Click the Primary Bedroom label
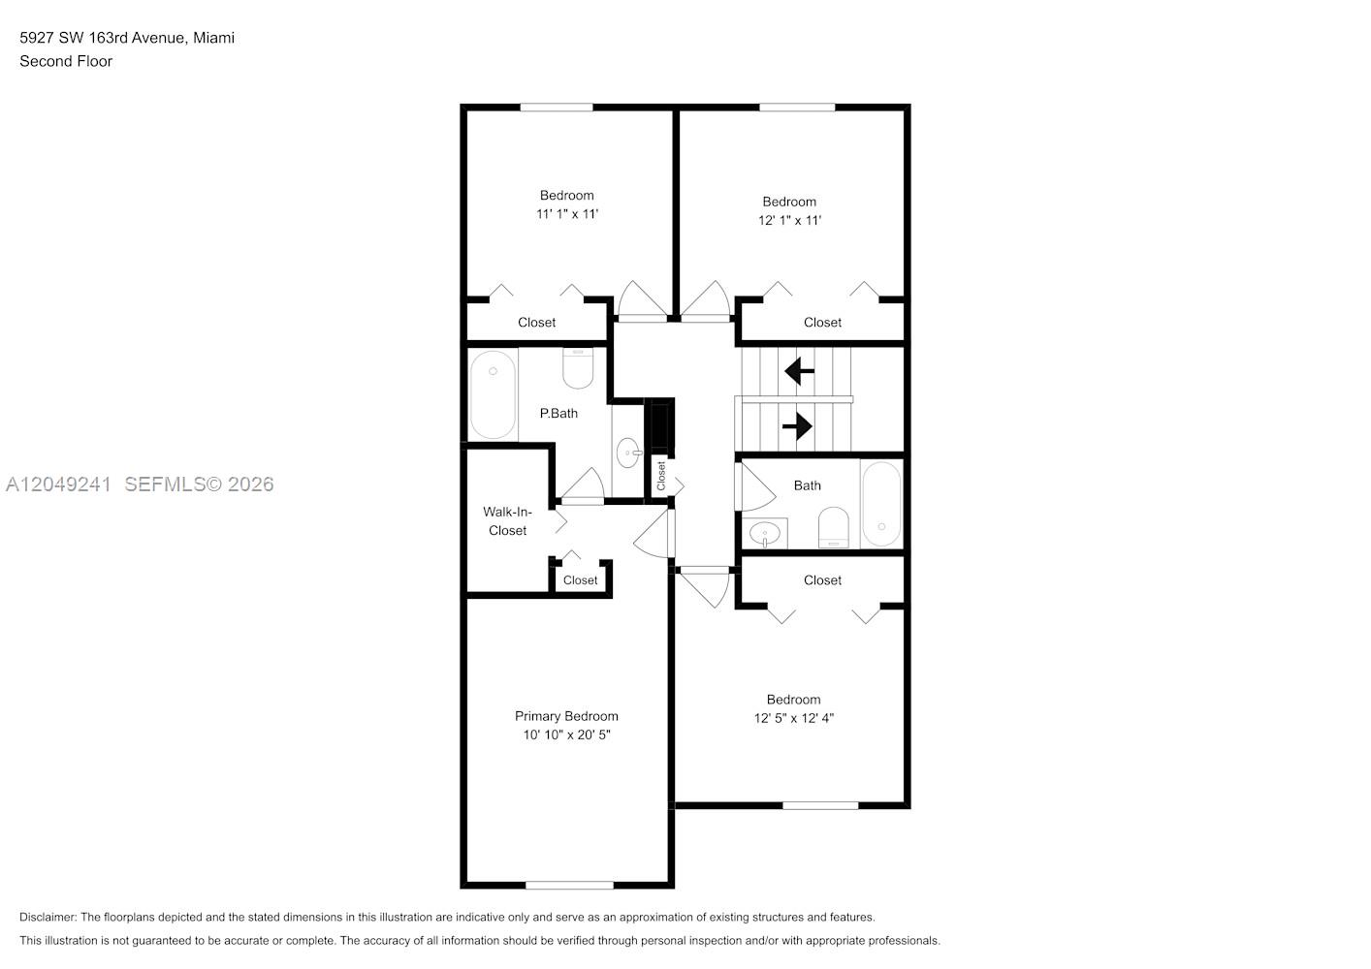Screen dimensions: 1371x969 (566, 716)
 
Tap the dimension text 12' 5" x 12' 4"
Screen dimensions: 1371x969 (793, 718)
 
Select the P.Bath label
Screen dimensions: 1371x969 (558, 414)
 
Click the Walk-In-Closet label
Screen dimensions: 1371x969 (507, 520)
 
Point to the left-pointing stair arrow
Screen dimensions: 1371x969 (799, 371)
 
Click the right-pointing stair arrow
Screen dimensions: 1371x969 (797, 425)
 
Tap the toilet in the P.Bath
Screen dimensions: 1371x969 (578, 368)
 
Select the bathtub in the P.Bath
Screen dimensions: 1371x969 (493, 394)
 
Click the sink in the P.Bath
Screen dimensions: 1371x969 (628, 453)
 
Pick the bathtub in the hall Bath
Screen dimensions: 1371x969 (880, 504)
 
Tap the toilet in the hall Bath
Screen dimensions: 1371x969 (834, 527)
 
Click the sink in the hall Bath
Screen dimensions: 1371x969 (764, 534)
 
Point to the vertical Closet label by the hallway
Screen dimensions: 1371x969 (661, 476)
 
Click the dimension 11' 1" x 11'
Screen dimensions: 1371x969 (567, 214)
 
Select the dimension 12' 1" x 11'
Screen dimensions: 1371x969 (789, 220)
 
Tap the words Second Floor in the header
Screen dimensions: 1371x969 (66, 61)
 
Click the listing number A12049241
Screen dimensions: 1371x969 (58, 484)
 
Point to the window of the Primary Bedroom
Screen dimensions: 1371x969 (569, 886)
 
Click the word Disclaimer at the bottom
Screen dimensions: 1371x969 (48, 917)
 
